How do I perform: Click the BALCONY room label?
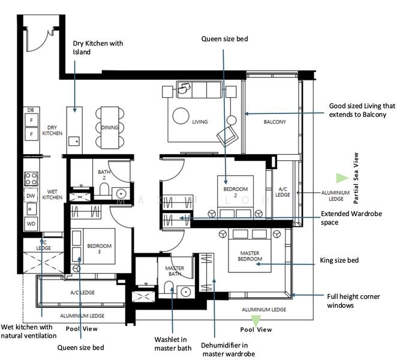[x=275, y=122]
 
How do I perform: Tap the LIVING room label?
[x=200, y=122]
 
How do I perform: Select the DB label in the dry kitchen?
[x=31, y=110]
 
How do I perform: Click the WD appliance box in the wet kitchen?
[x=31, y=224]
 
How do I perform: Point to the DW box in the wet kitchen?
[x=31, y=196]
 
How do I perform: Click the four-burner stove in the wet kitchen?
[x=31, y=179]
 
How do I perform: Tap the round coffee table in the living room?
[x=181, y=116]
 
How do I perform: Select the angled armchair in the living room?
[x=228, y=136]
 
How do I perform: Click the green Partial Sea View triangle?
[x=342, y=178]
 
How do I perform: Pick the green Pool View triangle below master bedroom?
[x=255, y=320]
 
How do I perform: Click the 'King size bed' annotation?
[x=339, y=260]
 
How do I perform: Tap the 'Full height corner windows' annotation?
[x=353, y=301]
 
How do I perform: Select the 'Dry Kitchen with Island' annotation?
[x=98, y=47]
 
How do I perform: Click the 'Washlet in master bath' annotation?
[x=173, y=344]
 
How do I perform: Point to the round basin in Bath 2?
[x=121, y=194]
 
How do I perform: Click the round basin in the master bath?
[x=185, y=292]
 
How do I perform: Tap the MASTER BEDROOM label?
[x=249, y=256]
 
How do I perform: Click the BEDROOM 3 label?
[x=100, y=248]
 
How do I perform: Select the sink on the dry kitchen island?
[x=74, y=141]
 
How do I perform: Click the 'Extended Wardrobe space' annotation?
[x=351, y=218]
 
